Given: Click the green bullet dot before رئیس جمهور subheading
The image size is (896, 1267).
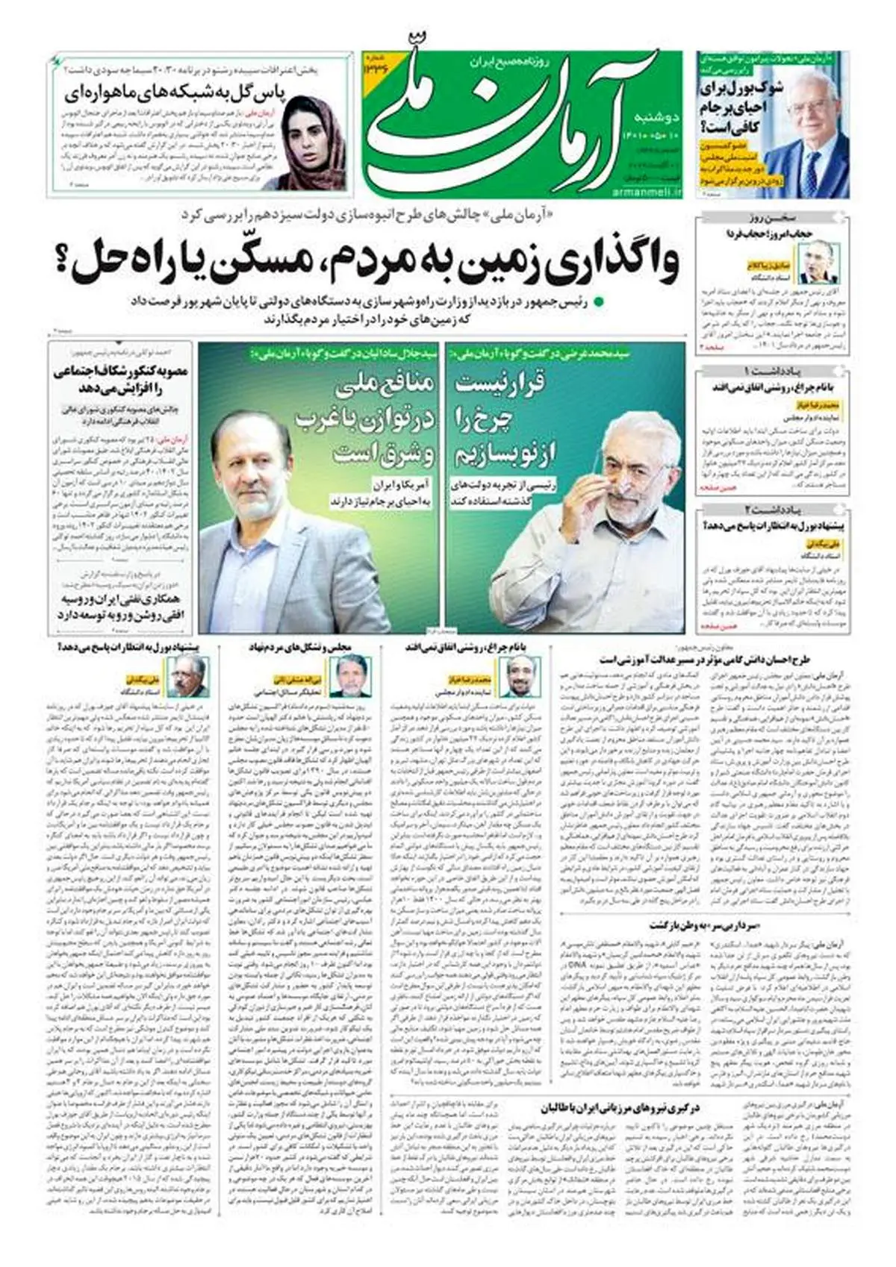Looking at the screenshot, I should tap(599, 302).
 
